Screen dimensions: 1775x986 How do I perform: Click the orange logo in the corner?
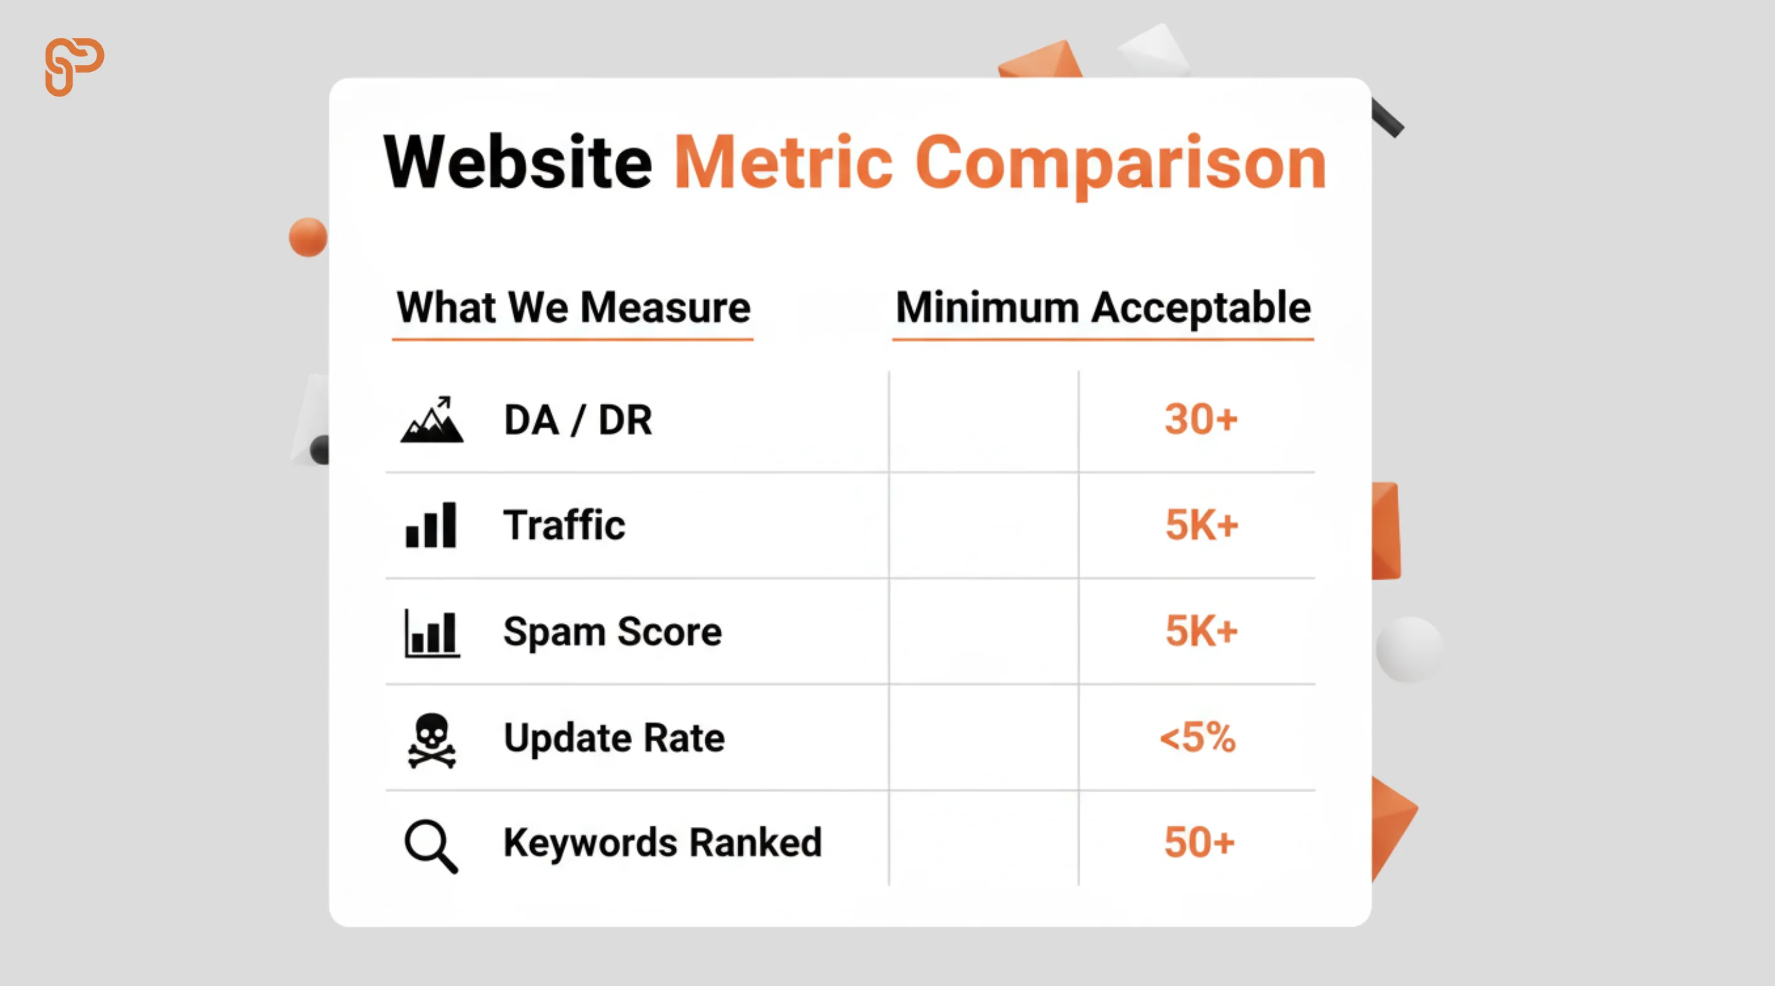tap(74, 67)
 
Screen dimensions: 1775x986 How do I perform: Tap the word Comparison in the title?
tap(1121, 165)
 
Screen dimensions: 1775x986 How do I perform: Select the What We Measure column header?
tap(574, 307)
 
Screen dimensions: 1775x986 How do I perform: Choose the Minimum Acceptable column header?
tap(1103, 307)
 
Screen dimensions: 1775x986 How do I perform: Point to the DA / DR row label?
tap(578, 420)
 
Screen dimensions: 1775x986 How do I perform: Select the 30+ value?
tap(1201, 419)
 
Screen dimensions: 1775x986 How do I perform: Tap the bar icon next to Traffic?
tap(432, 525)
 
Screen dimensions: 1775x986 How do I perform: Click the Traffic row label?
tap(564, 525)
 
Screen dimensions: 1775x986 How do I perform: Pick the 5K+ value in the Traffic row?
tap(1201, 525)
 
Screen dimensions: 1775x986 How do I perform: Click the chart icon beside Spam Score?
tap(432, 633)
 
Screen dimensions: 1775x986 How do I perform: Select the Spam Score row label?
tap(613, 633)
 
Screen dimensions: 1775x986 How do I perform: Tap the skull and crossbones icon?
tap(432, 741)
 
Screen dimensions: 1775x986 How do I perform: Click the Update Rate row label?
tap(615, 739)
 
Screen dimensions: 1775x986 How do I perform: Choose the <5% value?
tap(1198, 737)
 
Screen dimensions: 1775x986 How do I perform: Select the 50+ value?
tap(1200, 843)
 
